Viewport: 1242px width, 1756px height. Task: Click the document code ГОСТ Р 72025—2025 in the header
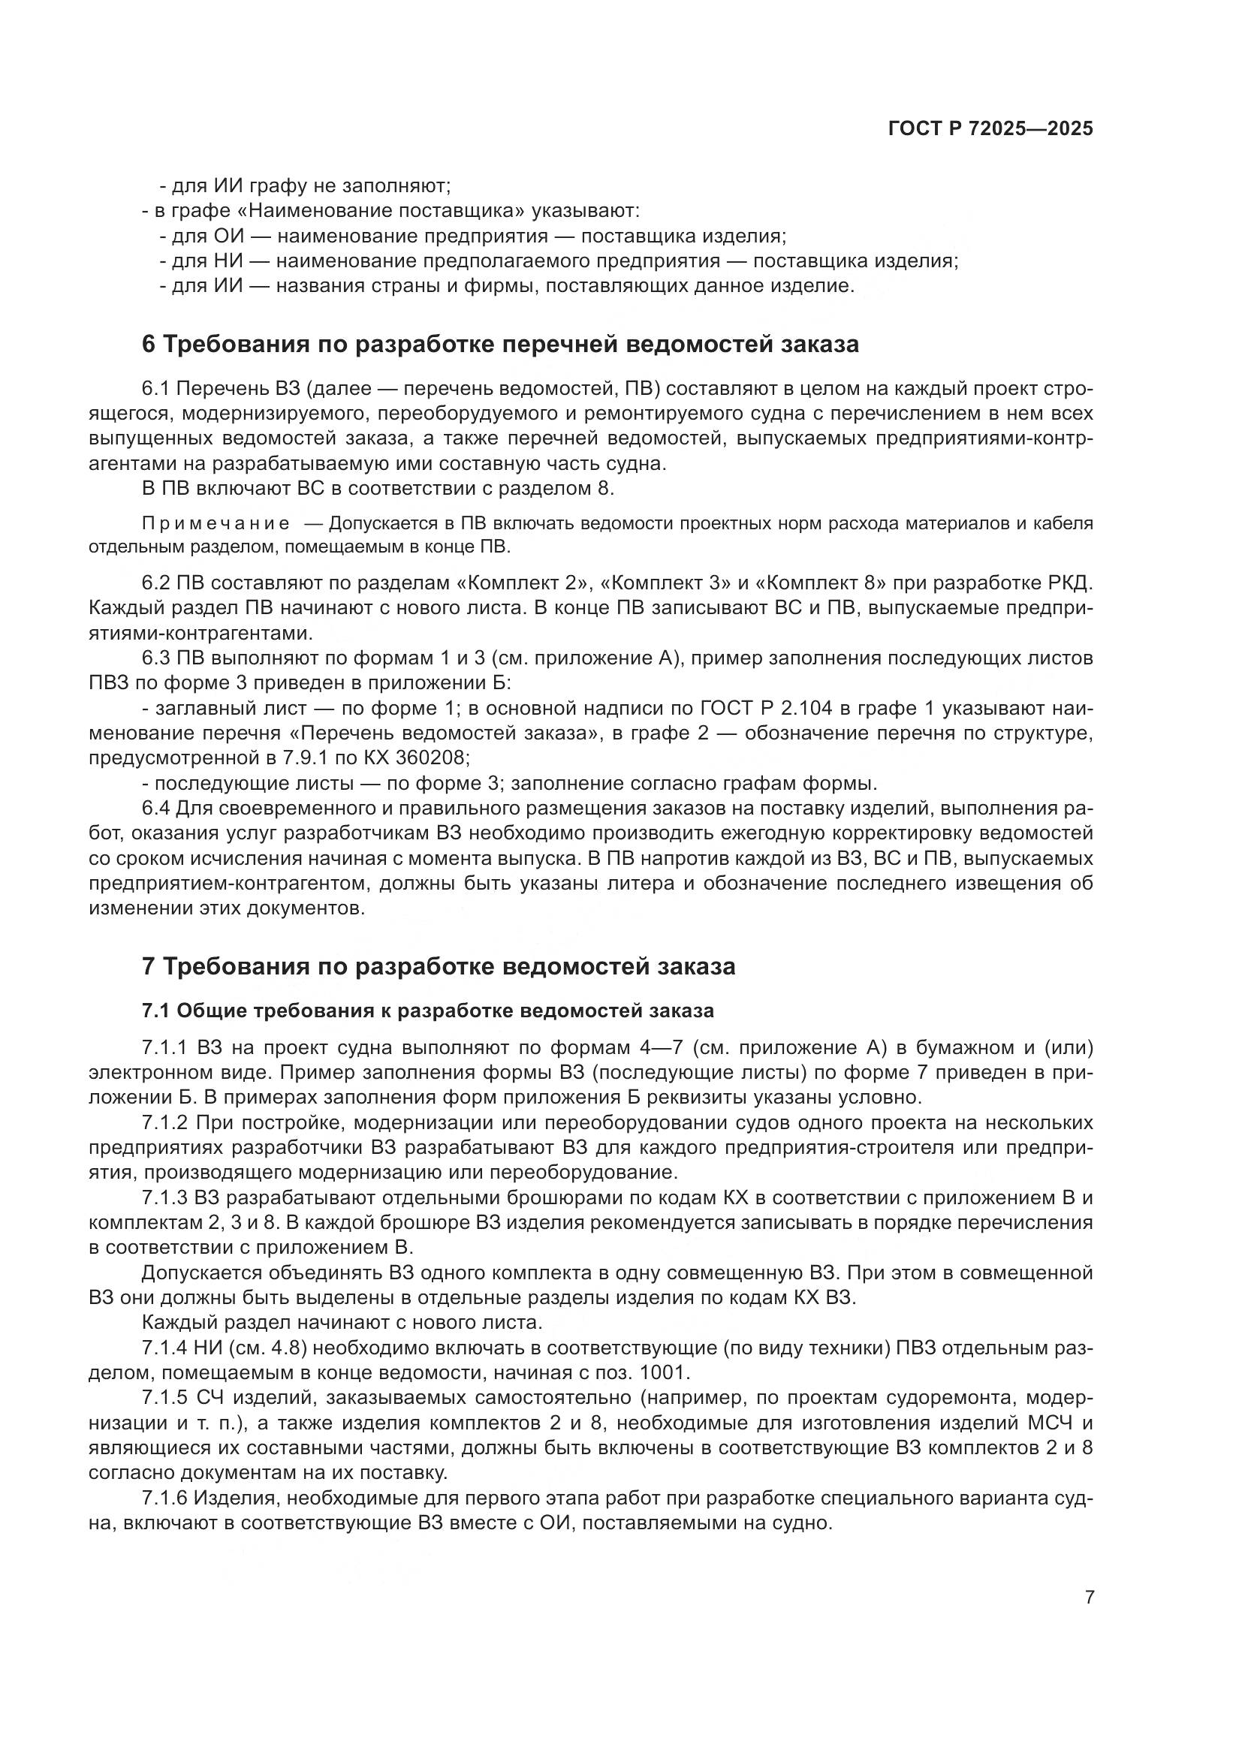pyautogui.click(x=990, y=129)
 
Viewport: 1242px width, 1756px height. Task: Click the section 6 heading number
pyautogui.click(x=149, y=344)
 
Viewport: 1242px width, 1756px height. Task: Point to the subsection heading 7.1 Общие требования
pyautogui.click(x=427, y=1011)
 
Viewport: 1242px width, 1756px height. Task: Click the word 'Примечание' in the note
pyautogui.click(x=216, y=524)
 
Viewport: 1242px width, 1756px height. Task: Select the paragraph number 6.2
pyautogui.click(x=156, y=583)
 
